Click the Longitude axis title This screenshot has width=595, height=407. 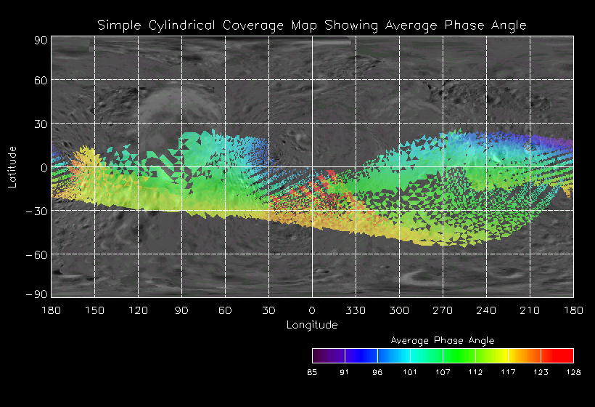(x=312, y=325)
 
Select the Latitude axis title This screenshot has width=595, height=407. (x=12, y=166)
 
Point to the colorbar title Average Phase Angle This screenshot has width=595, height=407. (x=443, y=340)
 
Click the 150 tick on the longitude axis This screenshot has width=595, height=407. (x=94, y=310)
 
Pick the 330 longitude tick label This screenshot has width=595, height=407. (x=356, y=310)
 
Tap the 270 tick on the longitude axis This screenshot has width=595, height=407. (x=443, y=310)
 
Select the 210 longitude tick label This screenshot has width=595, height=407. (x=530, y=310)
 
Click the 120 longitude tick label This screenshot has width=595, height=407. (x=138, y=310)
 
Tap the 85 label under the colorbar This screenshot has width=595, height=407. (x=313, y=372)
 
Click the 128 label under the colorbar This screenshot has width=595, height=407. (x=573, y=372)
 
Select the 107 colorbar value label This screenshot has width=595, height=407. (x=443, y=372)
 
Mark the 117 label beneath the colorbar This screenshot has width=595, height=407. (x=509, y=372)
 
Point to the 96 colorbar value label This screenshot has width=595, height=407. (x=378, y=372)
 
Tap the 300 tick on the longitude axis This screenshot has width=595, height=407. (x=399, y=310)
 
